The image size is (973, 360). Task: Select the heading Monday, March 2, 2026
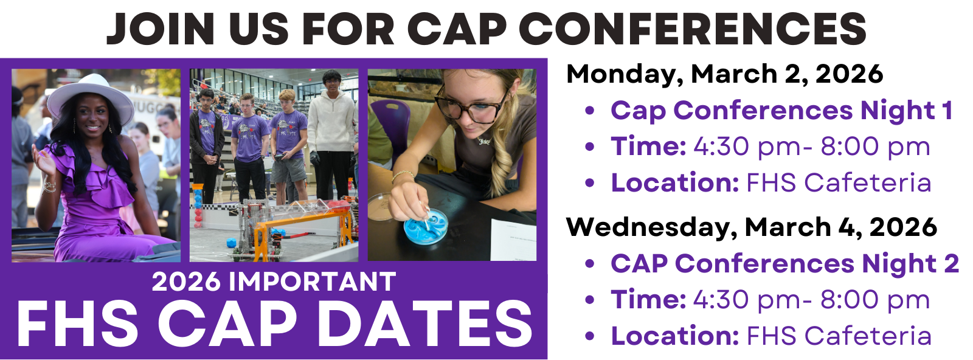click(724, 74)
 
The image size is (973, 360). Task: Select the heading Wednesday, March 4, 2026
click(751, 227)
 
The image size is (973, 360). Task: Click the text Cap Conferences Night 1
click(781, 111)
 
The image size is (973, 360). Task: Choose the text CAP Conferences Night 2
click(784, 264)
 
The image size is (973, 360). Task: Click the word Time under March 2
click(648, 147)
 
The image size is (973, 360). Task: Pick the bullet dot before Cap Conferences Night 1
click(589, 111)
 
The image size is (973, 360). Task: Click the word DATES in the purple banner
click(425, 324)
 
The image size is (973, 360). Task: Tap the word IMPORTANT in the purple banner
click(313, 282)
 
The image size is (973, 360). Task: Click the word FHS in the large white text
click(78, 324)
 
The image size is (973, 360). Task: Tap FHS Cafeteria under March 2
click(839, 183)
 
